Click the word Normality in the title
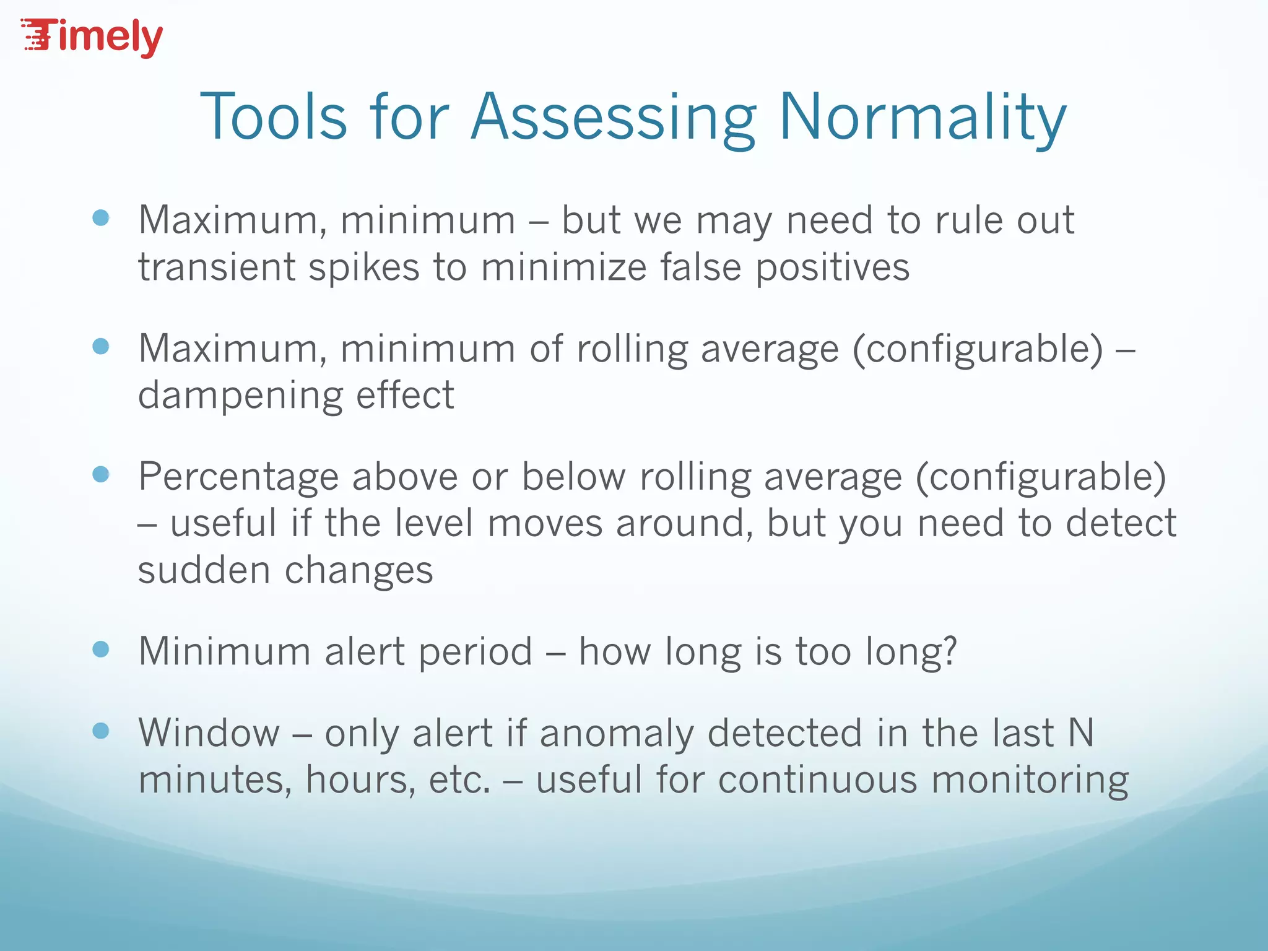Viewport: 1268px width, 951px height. click(923, 118)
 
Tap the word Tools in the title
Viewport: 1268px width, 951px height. click(273, 118)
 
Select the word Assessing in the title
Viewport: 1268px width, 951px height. click(613, 118)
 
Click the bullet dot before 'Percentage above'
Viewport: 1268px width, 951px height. click(100, 475)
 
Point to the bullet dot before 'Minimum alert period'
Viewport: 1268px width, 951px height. click(100, 649)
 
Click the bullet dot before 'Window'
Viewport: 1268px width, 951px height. click(100, 731)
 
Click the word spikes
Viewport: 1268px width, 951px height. click(364, 267)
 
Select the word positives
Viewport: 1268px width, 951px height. click(833, 267)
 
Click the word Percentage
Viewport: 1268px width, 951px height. click(238, 478)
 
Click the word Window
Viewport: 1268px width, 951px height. click(209, 733)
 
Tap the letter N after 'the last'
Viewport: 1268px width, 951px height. click(1081, 733)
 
